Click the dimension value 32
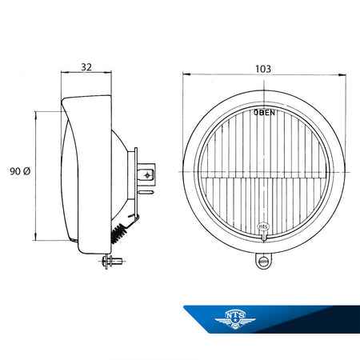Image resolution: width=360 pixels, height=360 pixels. [x=86, y=67]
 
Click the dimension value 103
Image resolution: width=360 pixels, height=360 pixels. [x=263, y=69]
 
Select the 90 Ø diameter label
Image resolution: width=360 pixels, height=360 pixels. [x=20, y=171]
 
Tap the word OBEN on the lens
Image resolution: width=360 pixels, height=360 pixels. [x=264, y=113]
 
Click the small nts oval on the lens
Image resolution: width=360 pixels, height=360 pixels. [x=263, y=226]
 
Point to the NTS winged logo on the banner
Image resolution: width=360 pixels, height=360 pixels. [x=235, y=319]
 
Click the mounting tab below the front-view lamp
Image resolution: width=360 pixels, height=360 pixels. [x=264, y=261]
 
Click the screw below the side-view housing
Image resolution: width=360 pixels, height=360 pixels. [x=112, y=261]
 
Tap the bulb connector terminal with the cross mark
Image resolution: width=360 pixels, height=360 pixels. [x=146, y=175]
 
